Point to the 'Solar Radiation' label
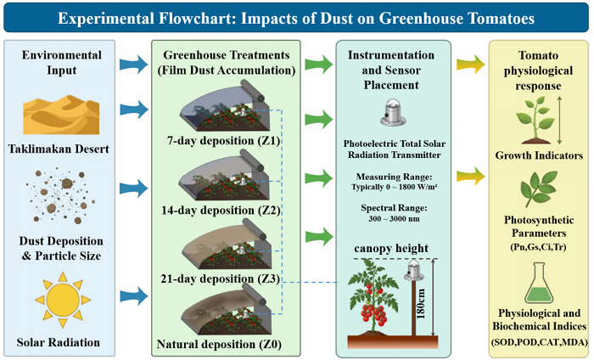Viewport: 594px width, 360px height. pos(62,342)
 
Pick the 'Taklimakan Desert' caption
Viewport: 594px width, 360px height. pos(62,149)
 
